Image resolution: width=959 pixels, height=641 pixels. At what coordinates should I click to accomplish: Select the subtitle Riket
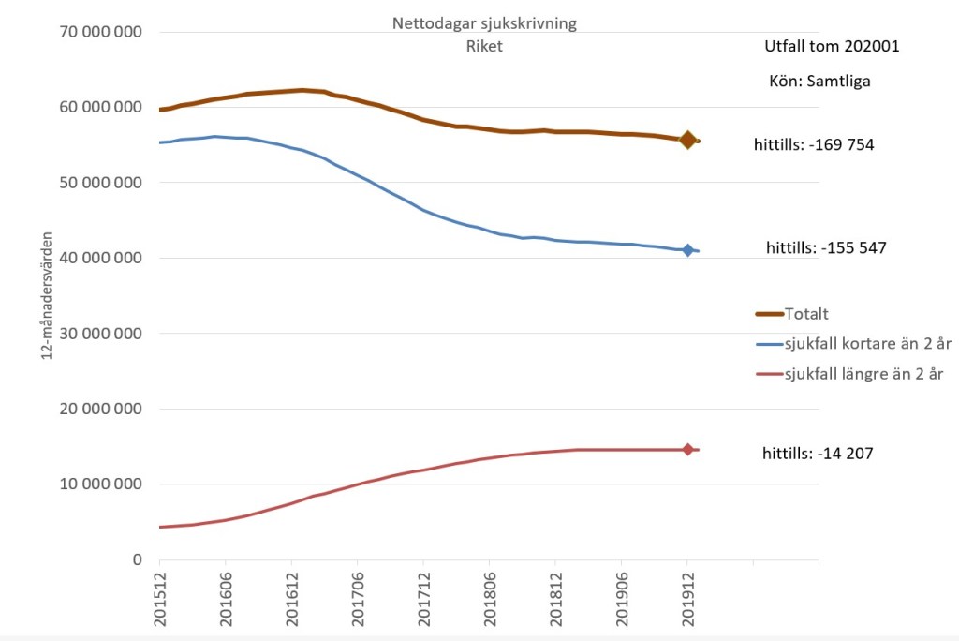point(485,46)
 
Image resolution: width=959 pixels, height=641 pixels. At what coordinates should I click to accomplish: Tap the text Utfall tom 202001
point(832,45)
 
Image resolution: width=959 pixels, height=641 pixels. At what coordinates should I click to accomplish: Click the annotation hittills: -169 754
point(814,144)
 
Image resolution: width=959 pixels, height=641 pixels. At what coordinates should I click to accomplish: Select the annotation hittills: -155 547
point(826,248)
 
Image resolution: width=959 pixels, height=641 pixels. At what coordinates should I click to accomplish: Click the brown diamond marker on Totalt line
point(687,140)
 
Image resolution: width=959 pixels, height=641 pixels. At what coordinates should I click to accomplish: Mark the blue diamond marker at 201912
point(687,250)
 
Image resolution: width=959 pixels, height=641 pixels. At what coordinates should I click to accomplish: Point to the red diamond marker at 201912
point(687,450)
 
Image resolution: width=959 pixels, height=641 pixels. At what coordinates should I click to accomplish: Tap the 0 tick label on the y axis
point(137,559)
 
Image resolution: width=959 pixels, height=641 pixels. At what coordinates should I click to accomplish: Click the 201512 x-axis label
point(160,596)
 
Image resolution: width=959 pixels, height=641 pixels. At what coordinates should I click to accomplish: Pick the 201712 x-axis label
point(423,596)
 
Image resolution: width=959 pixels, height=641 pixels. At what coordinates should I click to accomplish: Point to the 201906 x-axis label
point(621,596)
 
